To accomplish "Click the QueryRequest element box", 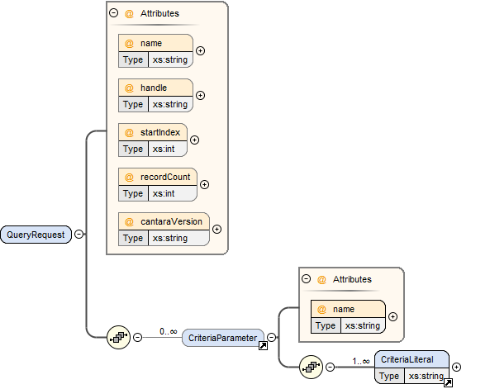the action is click(36, 235).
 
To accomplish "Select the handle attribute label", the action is click(154, 88).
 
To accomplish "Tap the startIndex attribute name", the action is click(160, 132).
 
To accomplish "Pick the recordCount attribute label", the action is click(165, 178).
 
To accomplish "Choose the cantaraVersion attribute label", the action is click(171, 222).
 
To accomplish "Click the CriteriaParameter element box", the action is click(223, 338).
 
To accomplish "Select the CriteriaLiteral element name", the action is click(407, 359).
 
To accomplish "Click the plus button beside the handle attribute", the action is click(200, 95).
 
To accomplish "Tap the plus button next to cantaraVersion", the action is click(216, 230).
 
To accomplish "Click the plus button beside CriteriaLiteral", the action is click(457, 368).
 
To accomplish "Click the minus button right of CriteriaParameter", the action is click(272, 338).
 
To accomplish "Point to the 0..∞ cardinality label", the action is click(168, 331).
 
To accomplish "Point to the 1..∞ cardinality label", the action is click(361, 361).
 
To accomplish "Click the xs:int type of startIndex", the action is click(164, 149).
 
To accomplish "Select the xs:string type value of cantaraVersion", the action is click(170, 239).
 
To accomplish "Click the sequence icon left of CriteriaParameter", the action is click(118, 338).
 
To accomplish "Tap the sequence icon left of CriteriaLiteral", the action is click(311, 368).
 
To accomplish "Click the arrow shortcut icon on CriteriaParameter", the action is click(263, 345).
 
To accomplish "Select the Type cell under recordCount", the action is click(133, 194).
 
